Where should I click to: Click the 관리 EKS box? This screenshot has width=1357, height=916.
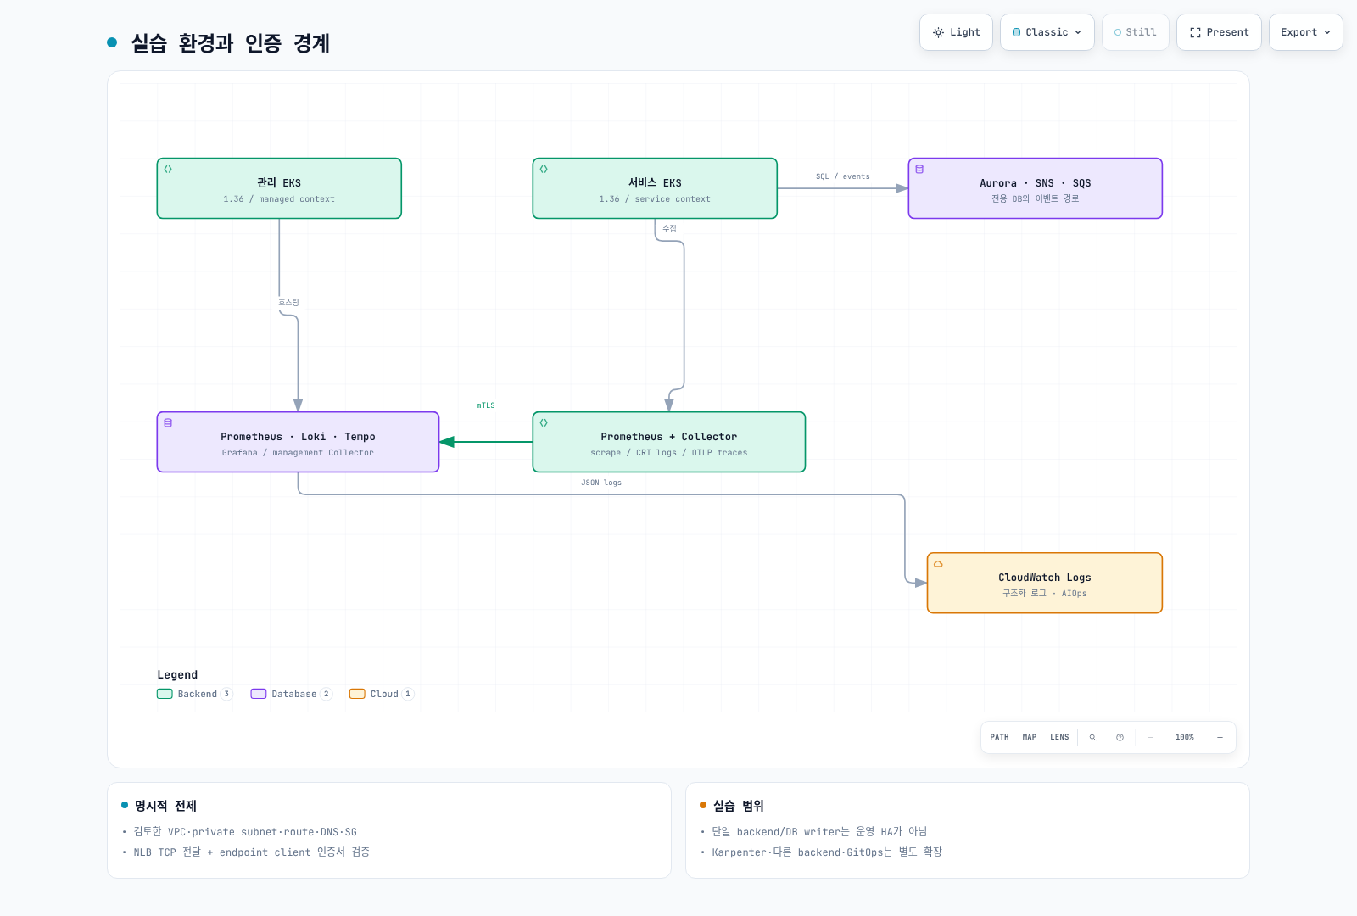279,188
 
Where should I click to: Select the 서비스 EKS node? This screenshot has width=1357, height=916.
655,188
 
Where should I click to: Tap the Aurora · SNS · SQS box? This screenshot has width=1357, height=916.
1036,188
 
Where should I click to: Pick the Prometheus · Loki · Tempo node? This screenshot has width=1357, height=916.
298,442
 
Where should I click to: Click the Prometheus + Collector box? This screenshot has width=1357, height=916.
669,442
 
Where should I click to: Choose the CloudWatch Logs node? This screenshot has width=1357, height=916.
1044,583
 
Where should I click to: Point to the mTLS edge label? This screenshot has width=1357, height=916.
486,405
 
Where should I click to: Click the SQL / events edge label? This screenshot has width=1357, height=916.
843,176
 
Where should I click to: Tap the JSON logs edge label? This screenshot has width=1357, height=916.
601,483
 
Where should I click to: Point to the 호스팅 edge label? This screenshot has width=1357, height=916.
288,302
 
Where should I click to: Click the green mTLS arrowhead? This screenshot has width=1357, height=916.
447,442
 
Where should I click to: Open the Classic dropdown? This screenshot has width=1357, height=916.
1047,32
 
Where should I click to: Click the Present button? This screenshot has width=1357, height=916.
1219,32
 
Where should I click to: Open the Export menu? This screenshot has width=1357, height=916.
1305,32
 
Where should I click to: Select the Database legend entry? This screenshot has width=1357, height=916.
292,694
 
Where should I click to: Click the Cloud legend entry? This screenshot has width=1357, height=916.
382,694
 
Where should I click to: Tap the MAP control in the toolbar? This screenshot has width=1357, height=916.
1030,737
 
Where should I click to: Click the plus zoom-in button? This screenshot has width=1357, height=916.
1220,737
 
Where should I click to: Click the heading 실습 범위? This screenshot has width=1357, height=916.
738,806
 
